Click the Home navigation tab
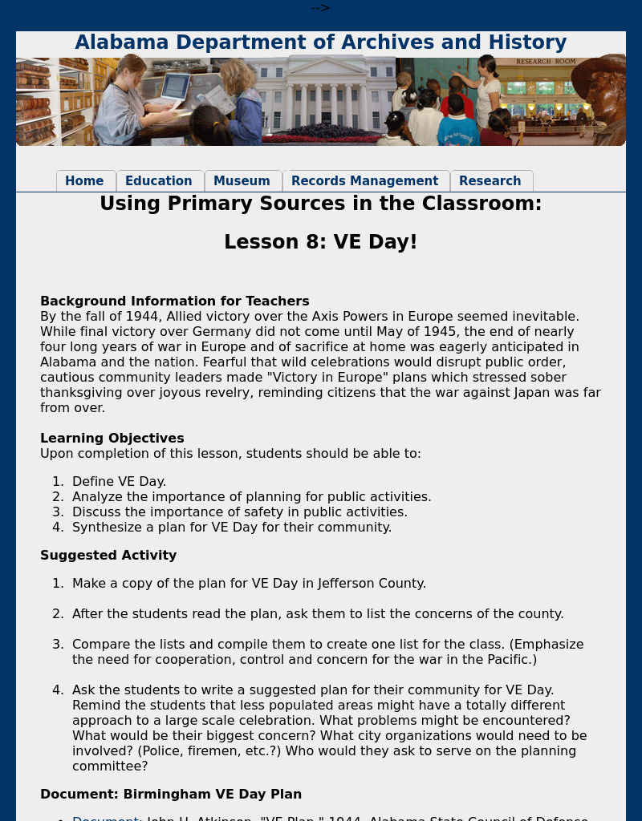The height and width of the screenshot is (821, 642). (x=84, y=181)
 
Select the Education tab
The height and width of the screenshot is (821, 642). (x=159, y=181)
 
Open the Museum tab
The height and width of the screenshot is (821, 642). (x=242, y=181)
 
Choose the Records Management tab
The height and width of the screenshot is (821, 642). (x=364, y=181)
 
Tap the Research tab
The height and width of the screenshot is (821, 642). (x=490, y=181)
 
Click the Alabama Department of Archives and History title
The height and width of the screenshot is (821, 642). (x=321, y=42)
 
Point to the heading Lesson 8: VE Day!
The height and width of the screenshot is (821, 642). (x=321, y=242)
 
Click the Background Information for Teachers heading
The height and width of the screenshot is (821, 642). (x=174, y=301)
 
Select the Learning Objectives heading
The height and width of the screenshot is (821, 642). (x=112, y=439)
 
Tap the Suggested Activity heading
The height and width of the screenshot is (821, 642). (x=108, y=556)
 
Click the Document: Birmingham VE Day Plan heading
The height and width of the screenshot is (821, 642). (x=171, y=795)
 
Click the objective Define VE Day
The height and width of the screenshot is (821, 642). (x=119, y=482)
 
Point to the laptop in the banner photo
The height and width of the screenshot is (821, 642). (x=176, y=87)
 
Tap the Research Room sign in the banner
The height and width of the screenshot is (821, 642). (x=546, y=62)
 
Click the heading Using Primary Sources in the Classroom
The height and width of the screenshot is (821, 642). (x=321, y=204)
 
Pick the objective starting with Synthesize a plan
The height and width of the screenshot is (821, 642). (x=231, y=528)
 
